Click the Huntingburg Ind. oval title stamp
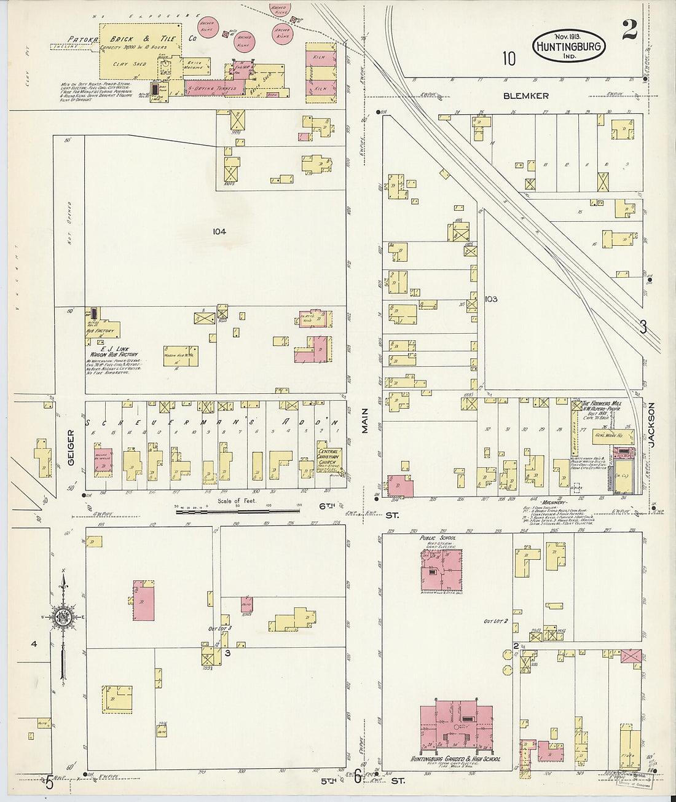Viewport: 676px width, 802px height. (569, 45)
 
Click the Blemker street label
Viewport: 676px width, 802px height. (525, 96)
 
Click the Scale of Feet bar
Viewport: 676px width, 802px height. (230, 509)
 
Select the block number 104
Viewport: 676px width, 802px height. (219, 232)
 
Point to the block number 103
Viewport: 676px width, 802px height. (490, 299)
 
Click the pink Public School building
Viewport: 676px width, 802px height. (441, 569)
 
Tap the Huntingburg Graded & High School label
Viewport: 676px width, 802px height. (455, 760)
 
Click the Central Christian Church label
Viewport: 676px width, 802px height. (329, 456)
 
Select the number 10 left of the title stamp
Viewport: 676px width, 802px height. (508, 58)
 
